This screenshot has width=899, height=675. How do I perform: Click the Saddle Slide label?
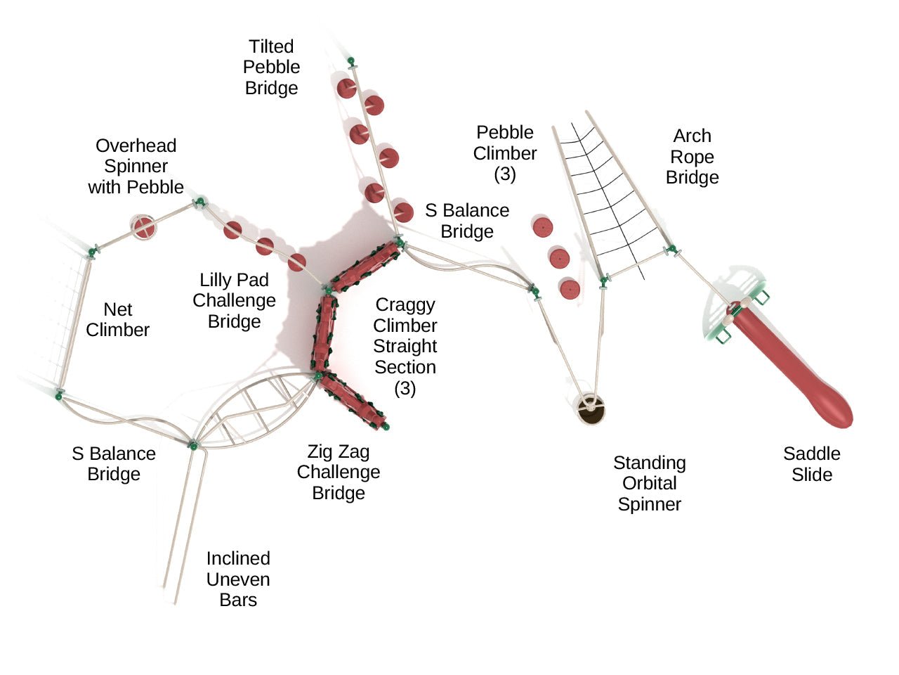coord(811,464)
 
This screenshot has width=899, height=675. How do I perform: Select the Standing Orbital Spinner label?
coord(649,483)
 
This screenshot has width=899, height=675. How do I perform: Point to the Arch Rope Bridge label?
coord(692,156)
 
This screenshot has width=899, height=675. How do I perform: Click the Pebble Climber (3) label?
coord(504,153)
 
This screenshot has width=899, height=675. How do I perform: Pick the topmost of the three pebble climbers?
coord(542,227)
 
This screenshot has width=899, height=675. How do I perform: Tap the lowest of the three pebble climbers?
coord(569,289)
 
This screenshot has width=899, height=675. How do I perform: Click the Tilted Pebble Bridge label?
coord(271,67)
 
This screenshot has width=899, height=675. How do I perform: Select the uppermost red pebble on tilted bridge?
coord(346,89)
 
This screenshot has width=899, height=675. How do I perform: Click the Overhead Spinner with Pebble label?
coord(136,166)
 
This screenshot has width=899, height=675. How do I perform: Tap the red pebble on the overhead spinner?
coord(144,227)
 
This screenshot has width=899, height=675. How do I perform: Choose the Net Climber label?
coord(117,319)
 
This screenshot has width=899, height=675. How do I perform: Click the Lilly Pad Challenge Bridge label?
coord(234,300)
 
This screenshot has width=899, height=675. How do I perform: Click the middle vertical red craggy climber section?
coord(324,333)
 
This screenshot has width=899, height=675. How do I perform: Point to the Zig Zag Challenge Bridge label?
coord(338,472)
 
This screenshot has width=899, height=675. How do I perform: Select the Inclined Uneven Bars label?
coord(238,579)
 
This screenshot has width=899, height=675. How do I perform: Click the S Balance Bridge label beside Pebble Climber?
coord(467,220)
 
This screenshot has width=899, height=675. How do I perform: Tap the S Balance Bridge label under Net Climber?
coord(114,463)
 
